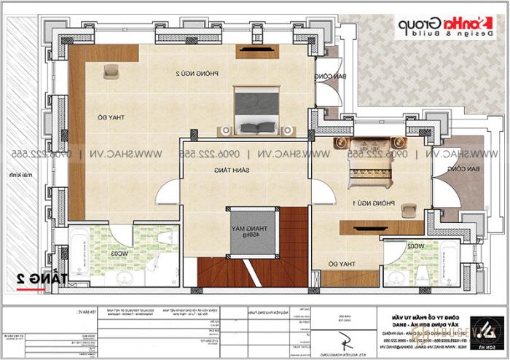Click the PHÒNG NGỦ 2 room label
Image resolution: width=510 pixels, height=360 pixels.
pos(189,74)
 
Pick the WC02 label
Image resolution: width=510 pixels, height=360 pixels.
pos(416,246)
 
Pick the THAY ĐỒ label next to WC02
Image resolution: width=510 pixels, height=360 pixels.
pos(345,262)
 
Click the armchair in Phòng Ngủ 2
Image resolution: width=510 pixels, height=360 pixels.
pos(111,70)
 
